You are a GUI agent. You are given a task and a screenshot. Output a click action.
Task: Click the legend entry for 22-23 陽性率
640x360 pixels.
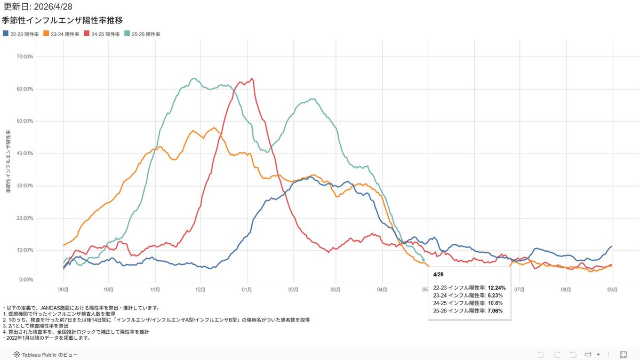point(24,34)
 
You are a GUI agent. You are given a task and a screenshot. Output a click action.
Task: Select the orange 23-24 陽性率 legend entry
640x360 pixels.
point(65,34)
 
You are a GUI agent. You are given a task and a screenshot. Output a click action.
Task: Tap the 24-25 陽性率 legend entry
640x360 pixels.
point(105,34)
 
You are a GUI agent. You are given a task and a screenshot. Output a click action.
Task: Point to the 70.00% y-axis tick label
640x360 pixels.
point(26,57)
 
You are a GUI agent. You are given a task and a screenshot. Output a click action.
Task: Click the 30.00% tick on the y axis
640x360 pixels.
point(26,186)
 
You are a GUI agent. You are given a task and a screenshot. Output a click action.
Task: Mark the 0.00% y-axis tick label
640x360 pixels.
point(27,280)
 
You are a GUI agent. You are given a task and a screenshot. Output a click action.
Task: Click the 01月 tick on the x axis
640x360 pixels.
point(247,290)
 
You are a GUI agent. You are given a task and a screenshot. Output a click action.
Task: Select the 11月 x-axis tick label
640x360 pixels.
point(155,290)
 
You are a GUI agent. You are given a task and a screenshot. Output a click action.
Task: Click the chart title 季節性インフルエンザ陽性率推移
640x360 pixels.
point(63,21)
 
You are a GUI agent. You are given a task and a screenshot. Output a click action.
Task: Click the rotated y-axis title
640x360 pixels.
point(9,160)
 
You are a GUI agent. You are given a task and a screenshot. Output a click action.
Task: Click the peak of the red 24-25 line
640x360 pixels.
point(252,79)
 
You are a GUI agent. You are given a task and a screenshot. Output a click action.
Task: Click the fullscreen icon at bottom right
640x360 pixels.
point(623,355)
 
